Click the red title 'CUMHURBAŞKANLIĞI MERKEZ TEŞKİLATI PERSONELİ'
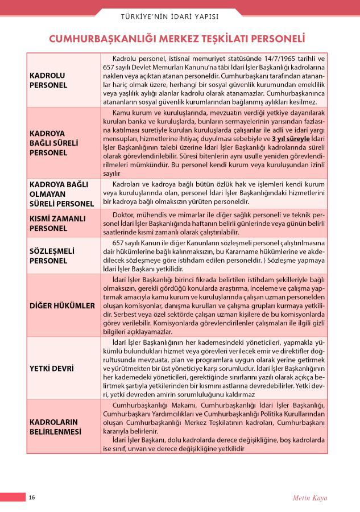(x=177, y=39)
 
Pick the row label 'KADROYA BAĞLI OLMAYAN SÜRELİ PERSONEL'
(x=61, y=194)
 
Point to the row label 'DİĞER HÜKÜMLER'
(x=63, y=305)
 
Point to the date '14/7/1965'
(x=263, y=59)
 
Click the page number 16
(x=32, y=497)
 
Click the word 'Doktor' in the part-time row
(x=124, y=217)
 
